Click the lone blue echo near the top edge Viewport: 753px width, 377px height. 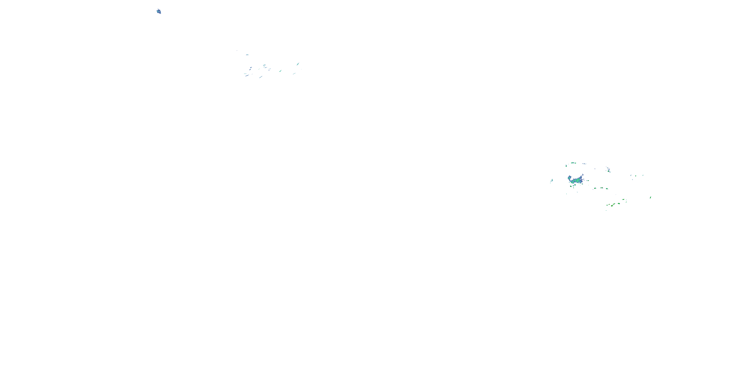(159, 11)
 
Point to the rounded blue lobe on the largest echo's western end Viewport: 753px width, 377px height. (570, 178)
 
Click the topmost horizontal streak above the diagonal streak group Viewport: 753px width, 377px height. (247, 55)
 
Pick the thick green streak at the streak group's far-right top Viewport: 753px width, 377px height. (298, 64)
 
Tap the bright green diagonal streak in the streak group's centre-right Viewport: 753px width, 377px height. (280, 71)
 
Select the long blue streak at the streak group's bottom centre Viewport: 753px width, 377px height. (261, 77)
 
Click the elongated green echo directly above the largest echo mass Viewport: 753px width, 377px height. (573, 163)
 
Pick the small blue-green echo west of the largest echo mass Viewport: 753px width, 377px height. (552, 180)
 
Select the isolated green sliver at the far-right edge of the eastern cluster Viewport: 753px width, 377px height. (650, 198)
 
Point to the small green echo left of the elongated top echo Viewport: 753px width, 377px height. (566, 166)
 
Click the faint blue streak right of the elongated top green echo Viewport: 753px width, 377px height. (584, 164)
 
